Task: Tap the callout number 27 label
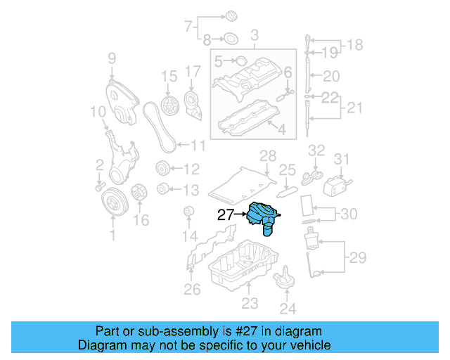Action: [225, 216]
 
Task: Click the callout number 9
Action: [112, 59]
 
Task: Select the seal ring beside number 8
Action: [229, 39]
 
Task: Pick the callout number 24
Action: [288, 308]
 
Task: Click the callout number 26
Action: [192, 289]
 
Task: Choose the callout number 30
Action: [349, 214]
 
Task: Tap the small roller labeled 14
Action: [188, 212]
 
